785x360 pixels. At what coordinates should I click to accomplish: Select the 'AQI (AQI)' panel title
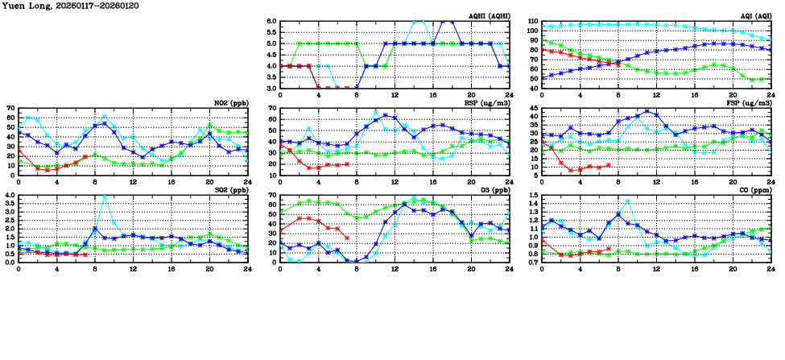click(755, 16)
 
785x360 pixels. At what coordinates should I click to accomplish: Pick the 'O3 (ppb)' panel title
click(494, 190)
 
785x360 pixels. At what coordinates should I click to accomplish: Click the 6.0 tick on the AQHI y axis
click(271, 22)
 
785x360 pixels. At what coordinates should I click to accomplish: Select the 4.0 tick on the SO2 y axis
click(10, 196)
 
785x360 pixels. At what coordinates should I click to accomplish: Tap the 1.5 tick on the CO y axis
click(533, 196)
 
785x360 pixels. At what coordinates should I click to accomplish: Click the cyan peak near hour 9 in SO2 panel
click(105, 197)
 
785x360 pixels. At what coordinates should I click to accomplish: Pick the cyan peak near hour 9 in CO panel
click(628, 201)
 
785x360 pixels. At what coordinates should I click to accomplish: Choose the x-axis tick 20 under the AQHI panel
click(471, 96)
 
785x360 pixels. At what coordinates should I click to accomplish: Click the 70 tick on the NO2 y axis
click(11, 108)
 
